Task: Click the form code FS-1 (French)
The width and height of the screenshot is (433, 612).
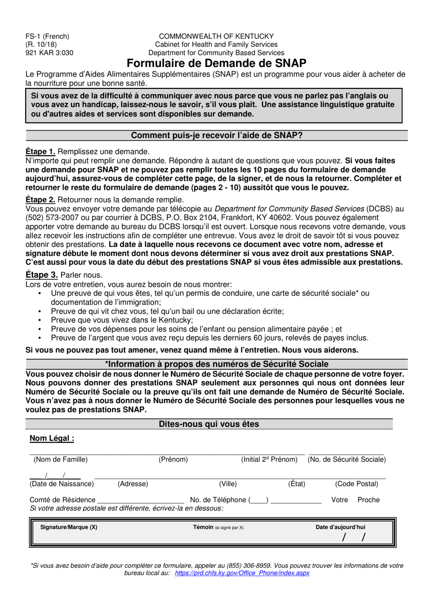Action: point(47,36)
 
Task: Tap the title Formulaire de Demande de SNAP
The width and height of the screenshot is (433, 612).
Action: point(216,63)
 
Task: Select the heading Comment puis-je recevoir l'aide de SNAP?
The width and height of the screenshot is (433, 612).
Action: point(216,135)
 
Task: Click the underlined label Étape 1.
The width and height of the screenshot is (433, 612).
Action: point(41,152)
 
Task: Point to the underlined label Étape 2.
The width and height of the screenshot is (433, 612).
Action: point(41,199)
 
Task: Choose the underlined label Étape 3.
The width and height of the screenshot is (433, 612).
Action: point(41,275)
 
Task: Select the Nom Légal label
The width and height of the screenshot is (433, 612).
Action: point(52,438)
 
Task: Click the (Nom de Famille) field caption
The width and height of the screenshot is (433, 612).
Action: point(61,459)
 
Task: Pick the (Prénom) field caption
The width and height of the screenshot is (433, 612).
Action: point(173,459)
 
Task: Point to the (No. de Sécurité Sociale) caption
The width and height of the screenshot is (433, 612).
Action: point(346,459)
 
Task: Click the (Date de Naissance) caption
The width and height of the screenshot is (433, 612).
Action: point(62,484)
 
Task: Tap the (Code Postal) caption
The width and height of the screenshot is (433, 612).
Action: point(356,484)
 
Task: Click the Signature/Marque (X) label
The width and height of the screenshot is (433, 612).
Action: point(69,527)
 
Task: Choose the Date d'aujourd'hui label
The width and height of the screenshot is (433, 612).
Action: point(340,527)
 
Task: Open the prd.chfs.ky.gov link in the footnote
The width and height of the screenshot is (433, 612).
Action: point(242,573)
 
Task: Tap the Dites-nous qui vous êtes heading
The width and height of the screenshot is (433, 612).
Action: point(209,424)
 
